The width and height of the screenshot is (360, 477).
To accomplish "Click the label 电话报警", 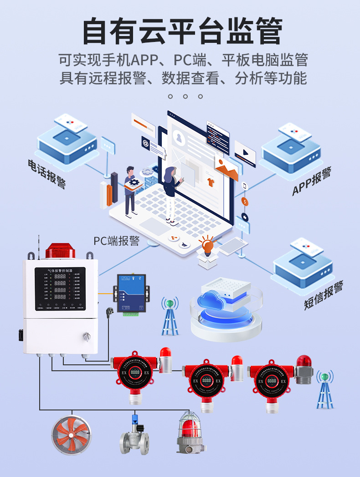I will [47, 173].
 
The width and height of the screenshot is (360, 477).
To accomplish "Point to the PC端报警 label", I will [116, 241].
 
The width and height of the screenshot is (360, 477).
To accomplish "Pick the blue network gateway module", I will [131, 293].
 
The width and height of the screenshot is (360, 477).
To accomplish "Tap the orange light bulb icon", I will [208, 246].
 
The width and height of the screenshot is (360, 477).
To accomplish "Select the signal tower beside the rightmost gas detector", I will [325, 389].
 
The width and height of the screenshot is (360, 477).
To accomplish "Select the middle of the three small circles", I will [185, 96].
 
